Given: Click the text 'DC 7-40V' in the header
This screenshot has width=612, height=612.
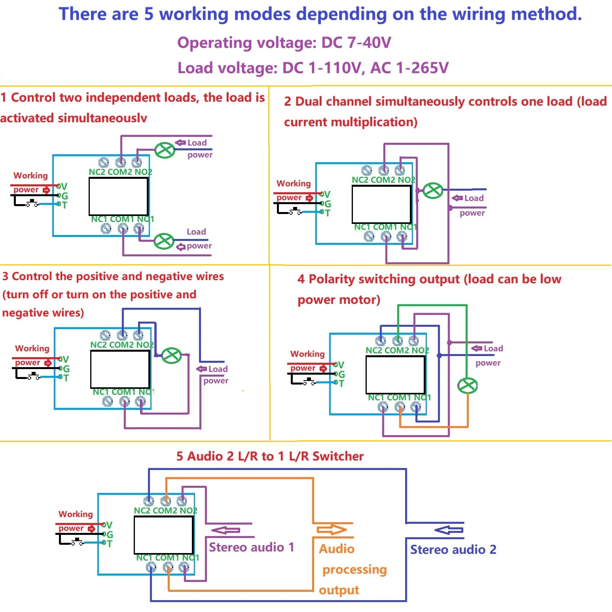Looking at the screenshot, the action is coord(356,42).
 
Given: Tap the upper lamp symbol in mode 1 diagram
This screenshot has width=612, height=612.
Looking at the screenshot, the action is coord(165,150).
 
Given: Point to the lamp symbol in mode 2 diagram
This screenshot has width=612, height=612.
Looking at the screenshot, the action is coord(433,191).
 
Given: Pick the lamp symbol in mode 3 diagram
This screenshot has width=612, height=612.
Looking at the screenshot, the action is coord(172,355).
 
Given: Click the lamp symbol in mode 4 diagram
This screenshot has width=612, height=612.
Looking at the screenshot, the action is coord(468,385).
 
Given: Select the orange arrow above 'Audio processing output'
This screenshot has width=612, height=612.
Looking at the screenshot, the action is coord(332,529).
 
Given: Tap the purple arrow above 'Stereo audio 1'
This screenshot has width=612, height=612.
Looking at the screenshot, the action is coord(226,530).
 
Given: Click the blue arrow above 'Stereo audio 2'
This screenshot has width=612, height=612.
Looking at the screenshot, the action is coord(449,530).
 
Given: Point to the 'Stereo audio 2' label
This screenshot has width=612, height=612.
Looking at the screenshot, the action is coord(453,549).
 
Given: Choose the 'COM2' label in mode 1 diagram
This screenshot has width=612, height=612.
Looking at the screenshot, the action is coord(120,172).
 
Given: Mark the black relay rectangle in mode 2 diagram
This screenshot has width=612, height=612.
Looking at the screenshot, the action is coord(382,204).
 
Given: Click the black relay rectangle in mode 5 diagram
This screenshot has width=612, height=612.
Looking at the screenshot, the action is coord(164,535).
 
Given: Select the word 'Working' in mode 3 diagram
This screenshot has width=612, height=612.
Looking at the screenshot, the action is coord(32,349).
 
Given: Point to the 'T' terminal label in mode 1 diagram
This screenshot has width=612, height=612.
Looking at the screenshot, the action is coord(64,205).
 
